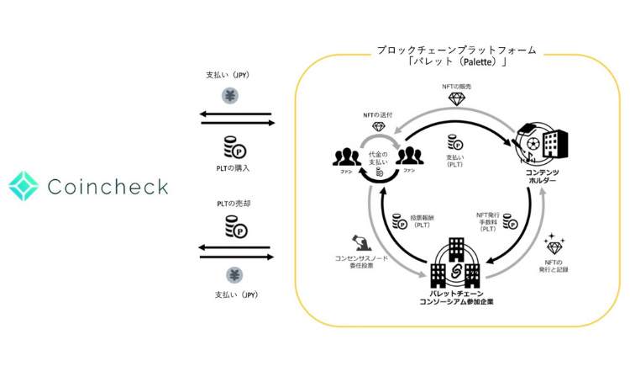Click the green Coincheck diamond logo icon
tap(23, 187)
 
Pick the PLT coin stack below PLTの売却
tap(235, 226)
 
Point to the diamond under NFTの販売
tap(457, 99)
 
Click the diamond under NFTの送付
tap(378, 129)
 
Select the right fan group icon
tap(409, 156)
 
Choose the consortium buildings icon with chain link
tap(454, 263)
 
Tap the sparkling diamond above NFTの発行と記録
tap(554, 245)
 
